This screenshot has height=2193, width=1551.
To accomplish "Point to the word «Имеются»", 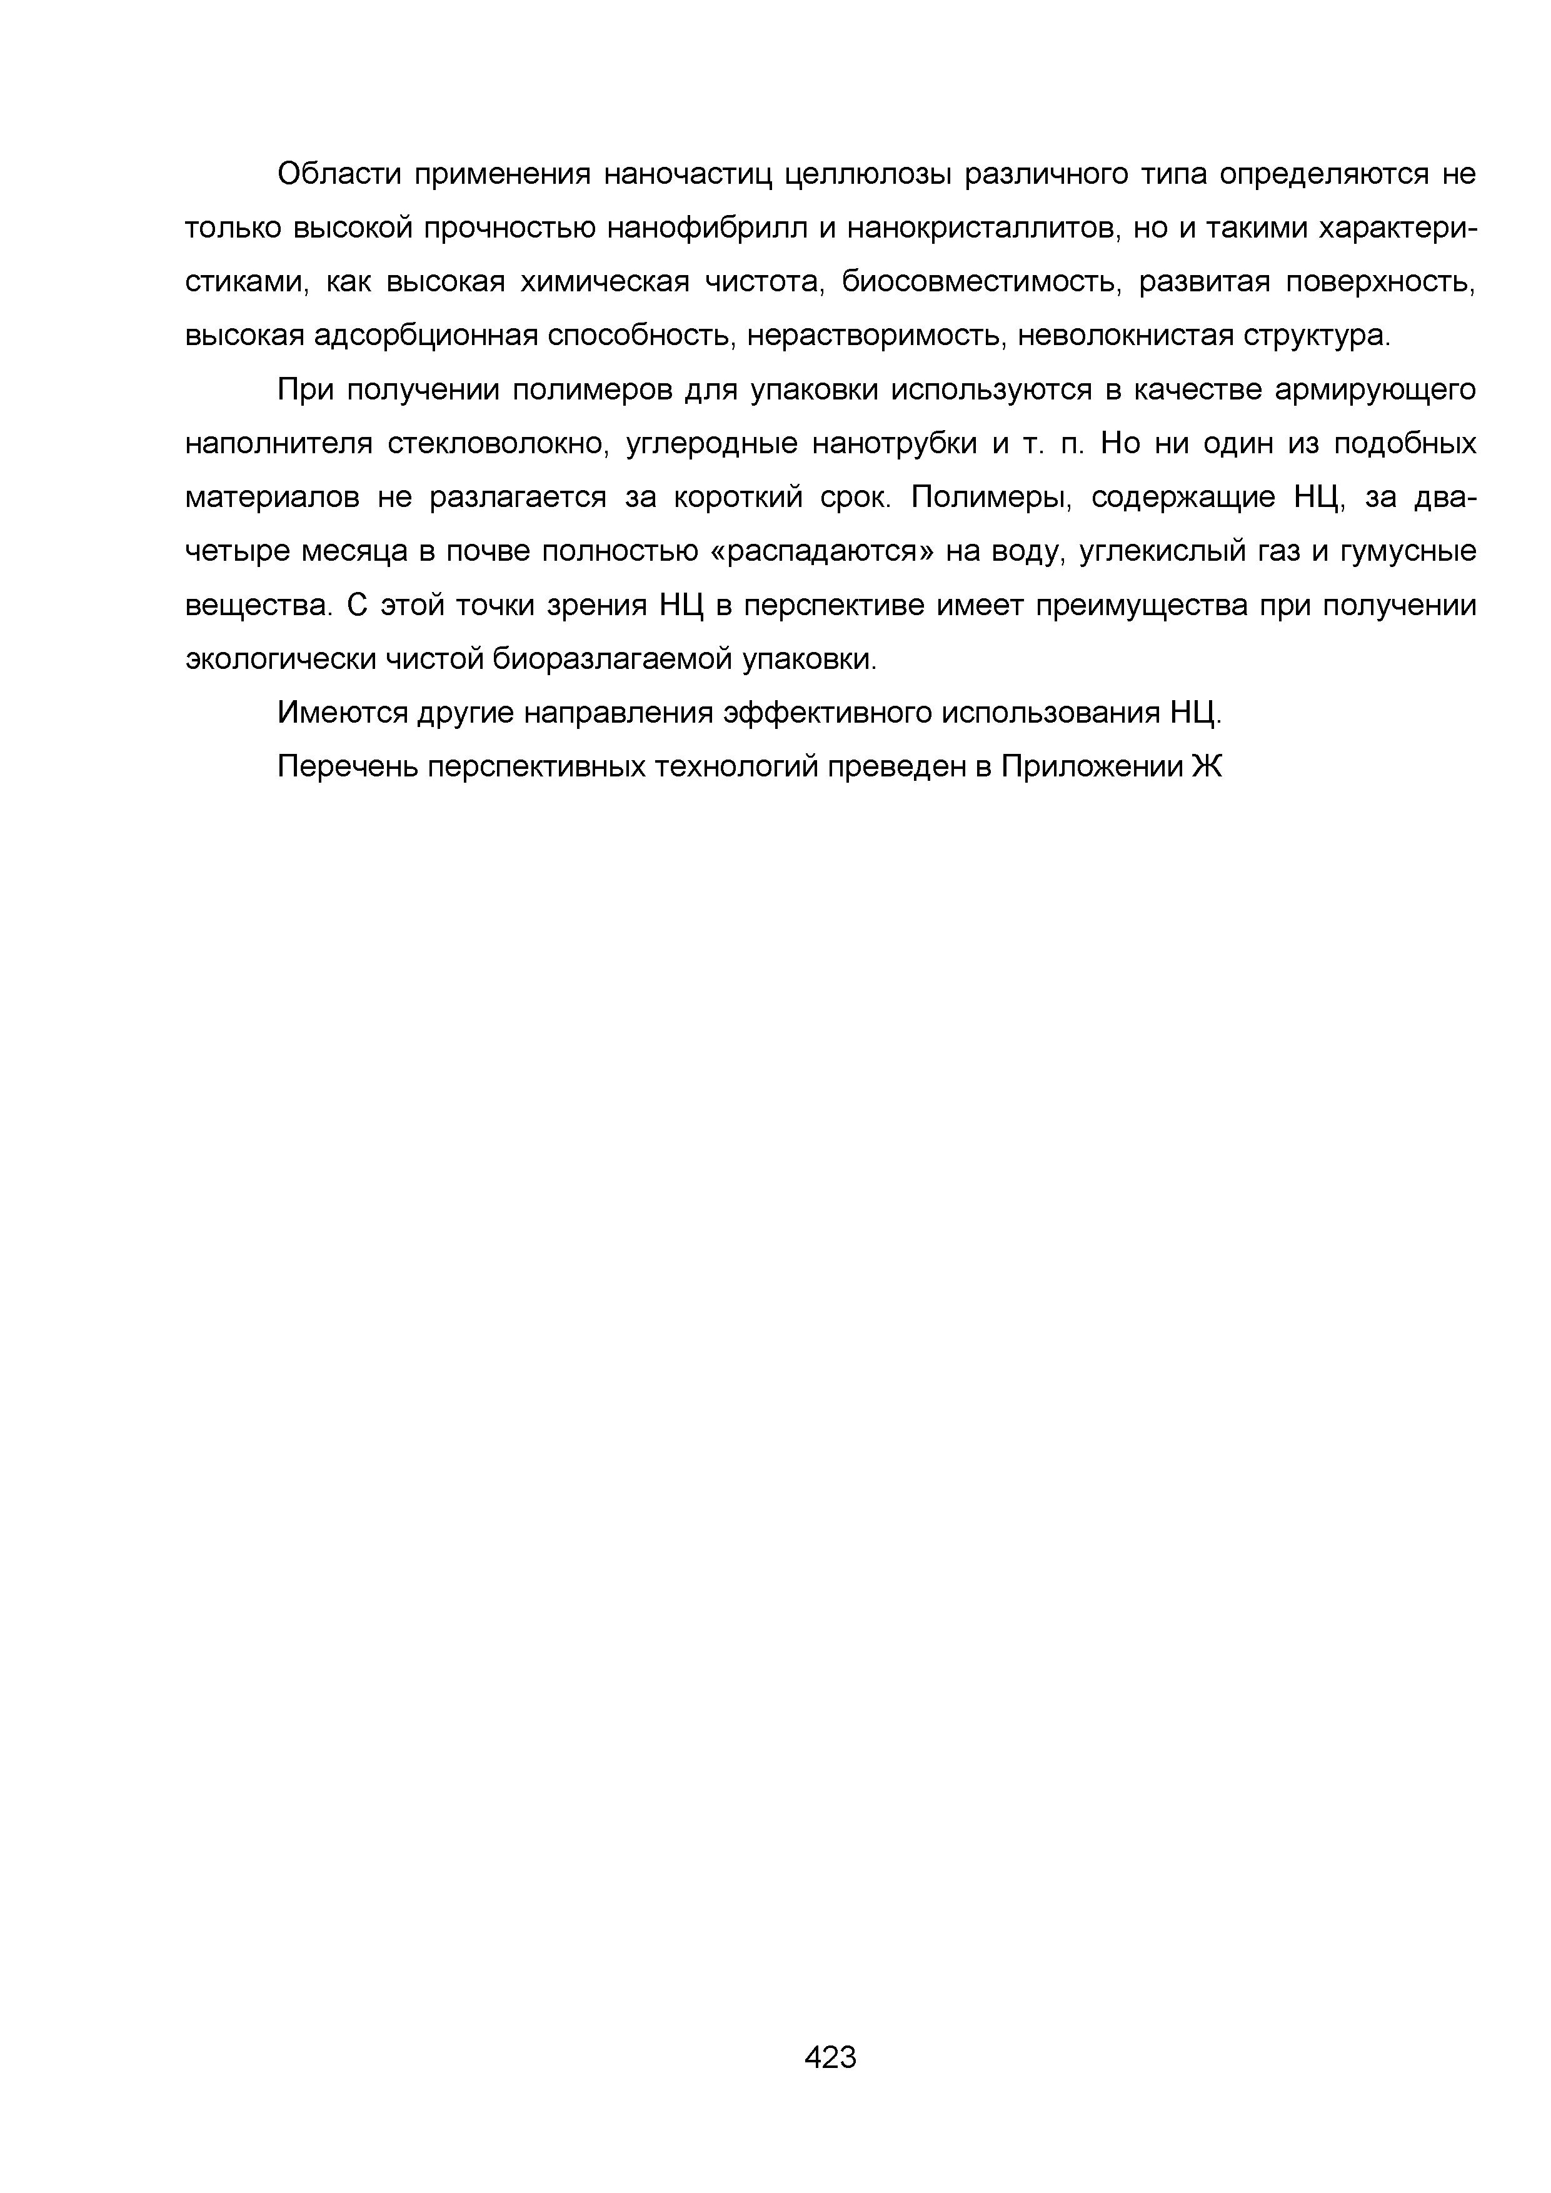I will (x=342, y=713).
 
